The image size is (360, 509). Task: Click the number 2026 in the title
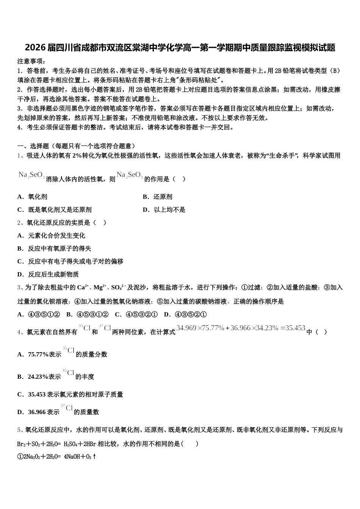pos(35,48)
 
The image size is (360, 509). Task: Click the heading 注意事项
pos(31,61)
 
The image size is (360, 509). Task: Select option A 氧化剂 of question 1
pos(33,197)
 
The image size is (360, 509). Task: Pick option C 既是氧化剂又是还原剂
pos(55,210)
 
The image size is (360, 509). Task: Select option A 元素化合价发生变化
pos(51,236)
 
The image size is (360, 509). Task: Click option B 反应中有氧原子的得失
pos(54,248)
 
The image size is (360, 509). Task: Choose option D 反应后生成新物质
pos(48,274)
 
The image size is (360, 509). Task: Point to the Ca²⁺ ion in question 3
pos(83,287)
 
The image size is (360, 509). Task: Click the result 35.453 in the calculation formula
pos(295,328)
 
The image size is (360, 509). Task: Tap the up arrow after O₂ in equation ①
pos(94,457)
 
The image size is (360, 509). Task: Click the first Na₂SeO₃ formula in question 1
pos(31,175)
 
